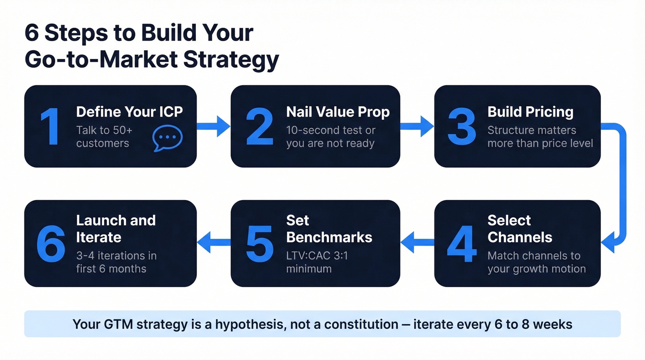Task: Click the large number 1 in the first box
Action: [50, 126]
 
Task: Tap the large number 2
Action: [259, 126]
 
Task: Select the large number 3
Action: [462, 126]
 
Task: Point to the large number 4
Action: [462, 244]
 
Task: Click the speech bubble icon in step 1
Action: [167, 138]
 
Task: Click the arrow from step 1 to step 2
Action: [213, 126]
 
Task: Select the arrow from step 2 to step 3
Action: [417, 126]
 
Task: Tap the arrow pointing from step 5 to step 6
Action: [213, 242]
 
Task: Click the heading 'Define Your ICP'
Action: [129, 112]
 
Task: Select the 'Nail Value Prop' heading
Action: [338, 112]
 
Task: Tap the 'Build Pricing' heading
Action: [530, 112]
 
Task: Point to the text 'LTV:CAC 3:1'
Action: [317, 255]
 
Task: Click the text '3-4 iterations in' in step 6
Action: [116, 255]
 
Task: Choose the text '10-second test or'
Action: [331, 130]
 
